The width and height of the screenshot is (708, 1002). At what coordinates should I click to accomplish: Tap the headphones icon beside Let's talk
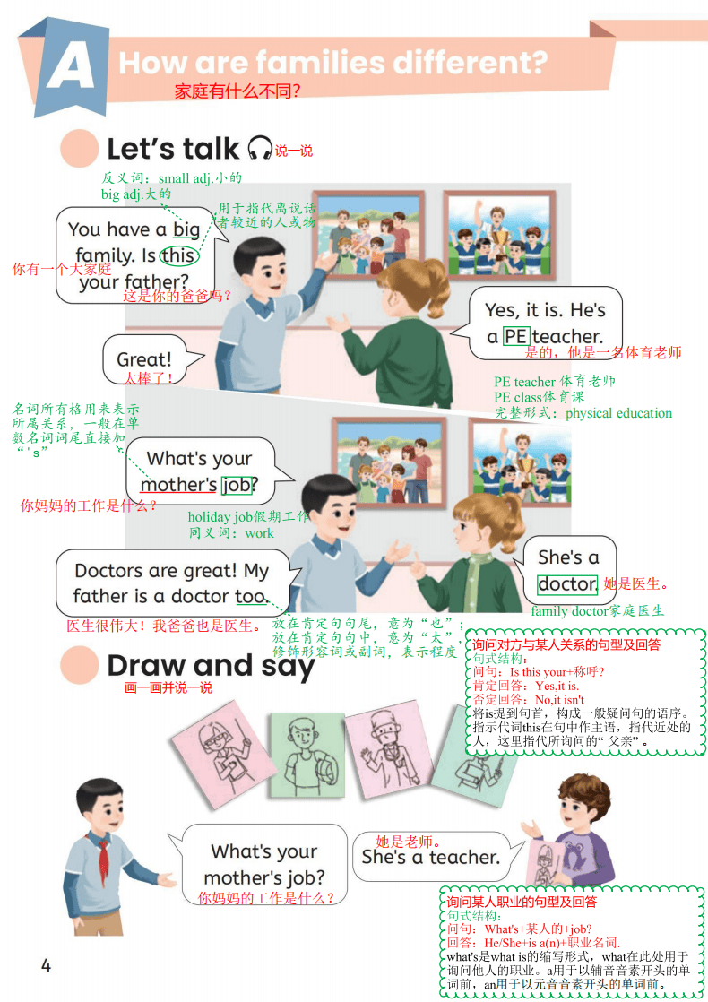(260, 148)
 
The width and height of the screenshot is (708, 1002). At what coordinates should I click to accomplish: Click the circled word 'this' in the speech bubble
(178, 255)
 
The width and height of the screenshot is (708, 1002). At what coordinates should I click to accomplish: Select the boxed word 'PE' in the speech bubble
(515, 336)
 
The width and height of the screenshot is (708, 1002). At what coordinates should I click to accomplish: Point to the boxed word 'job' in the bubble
(237, 485)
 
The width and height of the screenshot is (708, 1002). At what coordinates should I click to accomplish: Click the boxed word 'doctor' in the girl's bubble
(567, 584)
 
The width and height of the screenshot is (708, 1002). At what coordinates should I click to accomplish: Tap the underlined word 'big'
(186, 229)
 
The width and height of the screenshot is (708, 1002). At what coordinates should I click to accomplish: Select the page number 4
(46, 965)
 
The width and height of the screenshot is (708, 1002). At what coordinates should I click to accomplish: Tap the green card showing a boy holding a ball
(307, 755)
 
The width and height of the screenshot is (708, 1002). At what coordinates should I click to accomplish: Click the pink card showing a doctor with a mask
(391, 748)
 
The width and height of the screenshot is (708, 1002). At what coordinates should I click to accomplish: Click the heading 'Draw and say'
(211, 666)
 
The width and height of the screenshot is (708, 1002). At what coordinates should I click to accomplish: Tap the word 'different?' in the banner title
(470, 63)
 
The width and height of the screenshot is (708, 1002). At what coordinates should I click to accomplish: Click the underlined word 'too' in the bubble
(250, 596)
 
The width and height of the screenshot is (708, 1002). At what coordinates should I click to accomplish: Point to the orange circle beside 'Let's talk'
(79, 148)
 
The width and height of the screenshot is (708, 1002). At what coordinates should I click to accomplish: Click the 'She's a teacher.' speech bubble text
(431, 857)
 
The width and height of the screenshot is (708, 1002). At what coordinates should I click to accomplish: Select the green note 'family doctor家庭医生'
(598, 611)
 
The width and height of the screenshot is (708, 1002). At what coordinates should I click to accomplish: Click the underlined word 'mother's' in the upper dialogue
(178, 485)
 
